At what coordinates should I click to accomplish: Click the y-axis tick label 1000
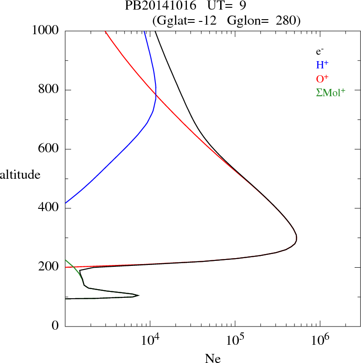click(x=46, y=31)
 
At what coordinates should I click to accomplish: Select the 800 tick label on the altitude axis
click(x=49, y=90)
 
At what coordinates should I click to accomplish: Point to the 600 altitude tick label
click(x=49, y=149)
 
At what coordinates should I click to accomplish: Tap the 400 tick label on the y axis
click(x=49, y=208)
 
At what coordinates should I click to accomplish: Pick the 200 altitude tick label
click(x=49, y=267)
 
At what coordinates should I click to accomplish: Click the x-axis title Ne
click(x=213, y=358)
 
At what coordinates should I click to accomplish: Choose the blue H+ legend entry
click(x=323, y=65)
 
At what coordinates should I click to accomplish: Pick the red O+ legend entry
click(x=323, y=78)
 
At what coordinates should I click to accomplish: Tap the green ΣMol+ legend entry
click(x=330, y=92)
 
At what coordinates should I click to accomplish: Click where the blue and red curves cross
click(x=156, y=95)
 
